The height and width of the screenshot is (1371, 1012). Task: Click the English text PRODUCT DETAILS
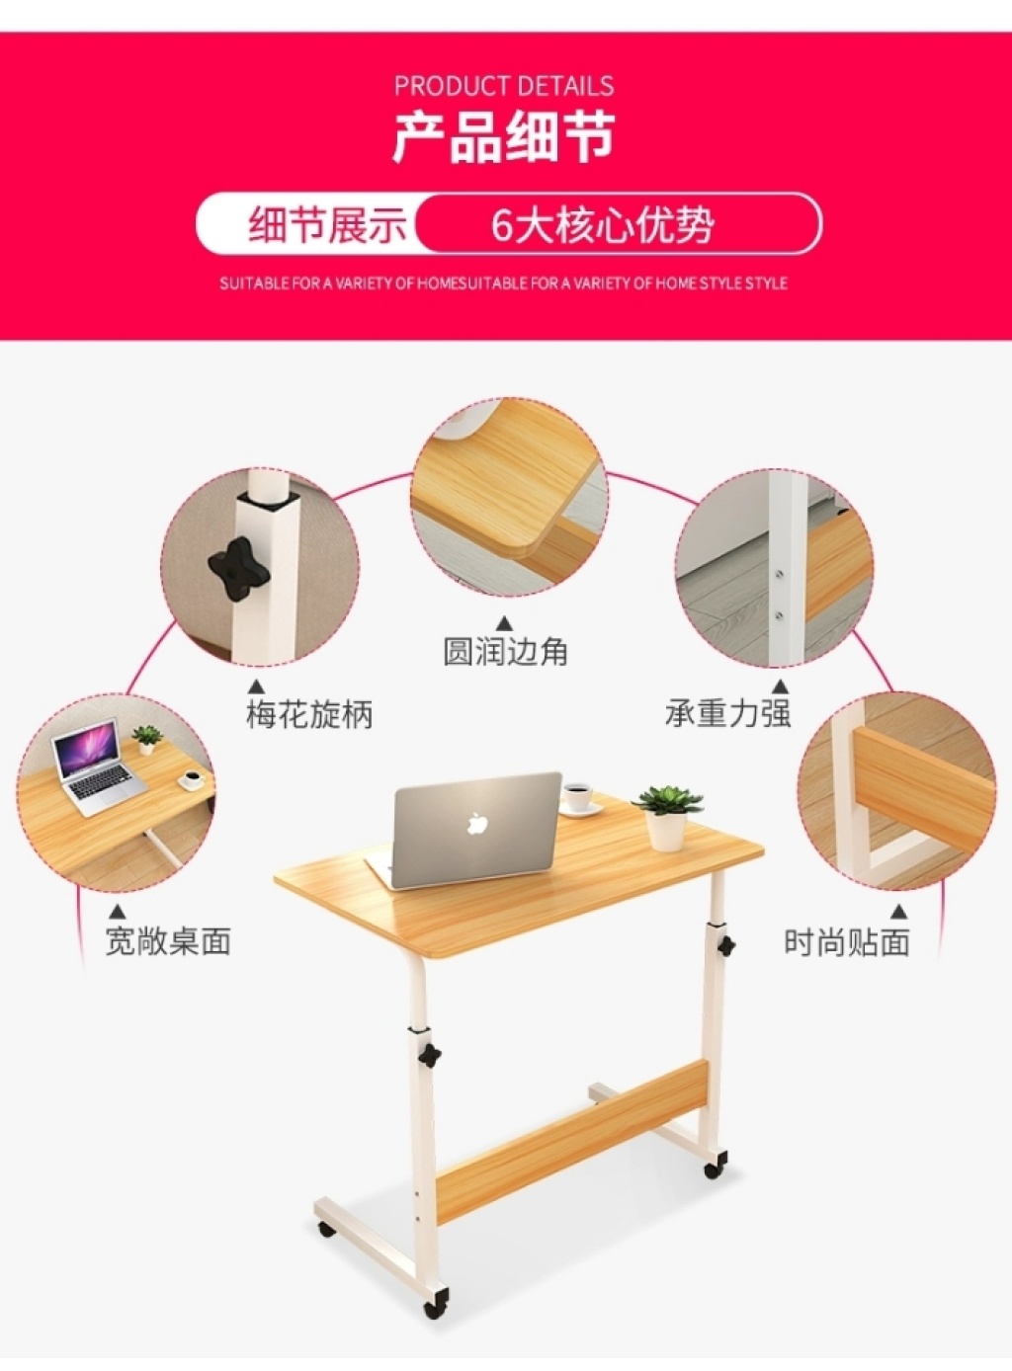pos(504,86)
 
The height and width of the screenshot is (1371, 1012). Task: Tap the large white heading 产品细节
pos(504,137)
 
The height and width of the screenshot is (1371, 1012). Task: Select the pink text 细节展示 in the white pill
pos(327,224)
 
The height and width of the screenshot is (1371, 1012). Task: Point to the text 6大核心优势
pos(602,225)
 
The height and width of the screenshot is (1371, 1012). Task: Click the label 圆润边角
pos(505,651)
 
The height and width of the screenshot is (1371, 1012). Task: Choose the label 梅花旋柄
pos(309,714)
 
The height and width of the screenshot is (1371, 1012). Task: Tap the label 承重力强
pos(728,713)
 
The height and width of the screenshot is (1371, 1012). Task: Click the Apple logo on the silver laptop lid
pos(477,824)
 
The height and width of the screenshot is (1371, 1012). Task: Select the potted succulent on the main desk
pos(668,816)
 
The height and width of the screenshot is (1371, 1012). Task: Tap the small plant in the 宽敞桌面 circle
pos(146,739)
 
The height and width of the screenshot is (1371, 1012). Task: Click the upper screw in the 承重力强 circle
pos(780,574)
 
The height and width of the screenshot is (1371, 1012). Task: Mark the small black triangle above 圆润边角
pos(505,622)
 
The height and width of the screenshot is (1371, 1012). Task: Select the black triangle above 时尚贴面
pos(900,912)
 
